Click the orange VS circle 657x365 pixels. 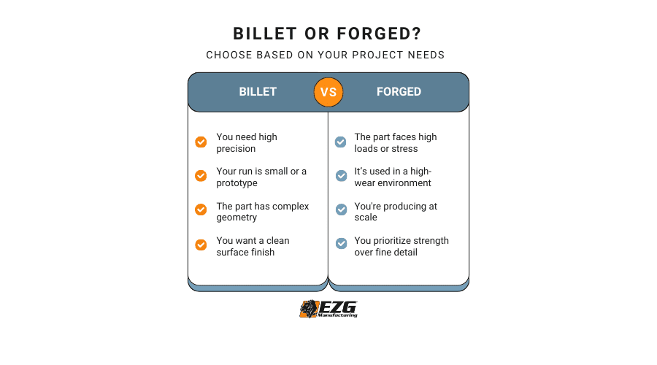(328, 92)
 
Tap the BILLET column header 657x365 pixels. (258, 92)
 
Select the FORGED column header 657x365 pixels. (399, 92)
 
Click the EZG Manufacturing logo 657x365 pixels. (328, 309)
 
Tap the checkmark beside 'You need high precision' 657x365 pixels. (201, 142)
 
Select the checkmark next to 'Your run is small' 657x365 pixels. (201, 177)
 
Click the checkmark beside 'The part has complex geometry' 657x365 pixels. (201, 211)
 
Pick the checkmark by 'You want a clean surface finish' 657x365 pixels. (201, 245)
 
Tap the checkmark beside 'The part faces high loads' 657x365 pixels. (340, 142)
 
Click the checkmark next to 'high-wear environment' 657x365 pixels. (340, 177)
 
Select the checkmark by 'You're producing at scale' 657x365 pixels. (340, 210)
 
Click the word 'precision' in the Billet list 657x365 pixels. (236, 149)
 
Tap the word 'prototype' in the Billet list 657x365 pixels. (237, 183)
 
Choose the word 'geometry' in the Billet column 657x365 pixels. (237, 218)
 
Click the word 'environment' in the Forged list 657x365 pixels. (404, 183)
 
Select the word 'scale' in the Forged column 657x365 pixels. (366, 218)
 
